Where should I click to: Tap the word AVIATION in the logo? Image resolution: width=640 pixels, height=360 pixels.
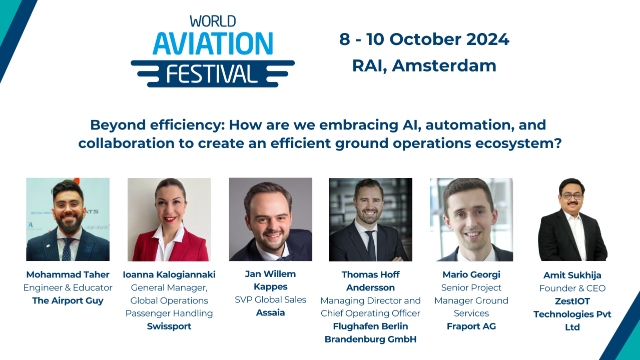click(213, 43)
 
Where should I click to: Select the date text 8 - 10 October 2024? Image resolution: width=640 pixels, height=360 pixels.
click(424, 39)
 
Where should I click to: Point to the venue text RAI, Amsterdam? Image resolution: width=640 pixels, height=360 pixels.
click(424, 65)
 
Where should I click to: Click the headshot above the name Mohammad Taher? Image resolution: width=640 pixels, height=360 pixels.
click(68, 219)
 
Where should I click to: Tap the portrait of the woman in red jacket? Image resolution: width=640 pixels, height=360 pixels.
click(169, 219)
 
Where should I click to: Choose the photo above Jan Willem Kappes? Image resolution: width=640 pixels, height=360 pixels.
click(270, 219)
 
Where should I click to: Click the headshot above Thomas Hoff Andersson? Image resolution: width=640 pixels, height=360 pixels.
click(370, 219)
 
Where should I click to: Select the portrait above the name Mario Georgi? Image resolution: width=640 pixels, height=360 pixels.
click(471, 219)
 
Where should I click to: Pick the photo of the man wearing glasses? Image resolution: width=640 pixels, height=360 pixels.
click(572, 219)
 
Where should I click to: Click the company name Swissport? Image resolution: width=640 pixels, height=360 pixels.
click(169, 326)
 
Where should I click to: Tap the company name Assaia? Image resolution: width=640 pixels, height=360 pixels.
click(270, 313)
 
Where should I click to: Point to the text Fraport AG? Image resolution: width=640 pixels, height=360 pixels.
click(471, 326)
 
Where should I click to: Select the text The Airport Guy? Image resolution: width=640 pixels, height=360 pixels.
click(68, 300)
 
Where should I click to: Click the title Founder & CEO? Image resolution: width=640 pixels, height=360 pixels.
click(572, 288)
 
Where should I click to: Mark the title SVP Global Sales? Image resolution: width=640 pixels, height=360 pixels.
click(270, 300)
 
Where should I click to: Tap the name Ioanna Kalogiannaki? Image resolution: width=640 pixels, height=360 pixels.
click(169, 274)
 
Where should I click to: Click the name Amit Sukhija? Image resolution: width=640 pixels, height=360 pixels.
click(572, 275)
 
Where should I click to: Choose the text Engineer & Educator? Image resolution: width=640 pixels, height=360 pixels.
click(68, 287)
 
